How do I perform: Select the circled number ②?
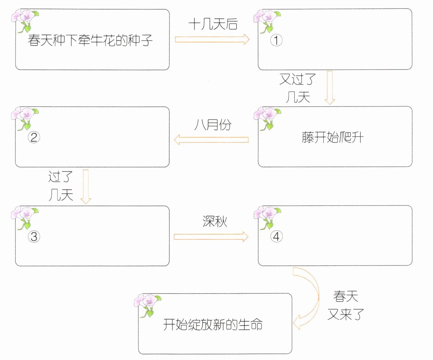point(34,138)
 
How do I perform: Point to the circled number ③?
point(34,236)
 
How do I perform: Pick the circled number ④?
point(276,236)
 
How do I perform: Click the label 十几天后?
point(213,24)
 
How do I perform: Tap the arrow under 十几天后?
point(212,39)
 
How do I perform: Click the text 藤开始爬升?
point(332,137)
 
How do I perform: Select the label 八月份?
point(213,125)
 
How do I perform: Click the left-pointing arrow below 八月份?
point(211,140)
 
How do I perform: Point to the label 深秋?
point(215,222)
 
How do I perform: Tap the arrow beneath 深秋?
point(211,237)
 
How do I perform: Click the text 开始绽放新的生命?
point(213,324)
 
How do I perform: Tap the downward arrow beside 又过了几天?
point(330,87)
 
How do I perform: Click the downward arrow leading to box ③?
point(86,186)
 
